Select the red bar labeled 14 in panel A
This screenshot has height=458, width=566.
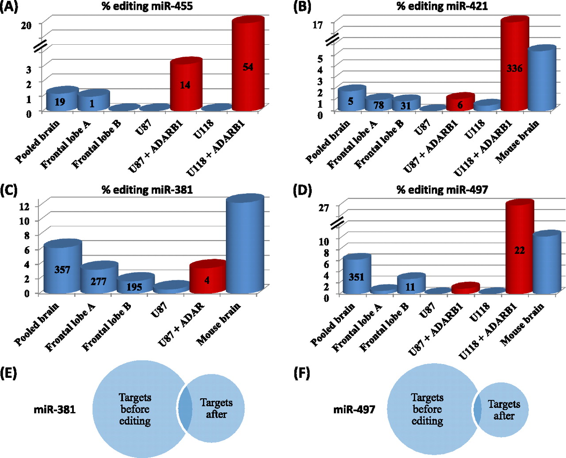tap(185, 85)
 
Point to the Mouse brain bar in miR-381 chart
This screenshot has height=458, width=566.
tap(245, 246)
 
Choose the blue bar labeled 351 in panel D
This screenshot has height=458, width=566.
tap(356, 276)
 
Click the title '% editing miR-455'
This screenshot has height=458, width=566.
tap(147, 7)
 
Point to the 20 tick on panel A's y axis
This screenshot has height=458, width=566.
tap(26, 25)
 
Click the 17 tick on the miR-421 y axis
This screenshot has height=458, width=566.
tap(317, 25)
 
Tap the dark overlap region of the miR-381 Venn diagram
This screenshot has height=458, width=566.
tap(185, 408)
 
